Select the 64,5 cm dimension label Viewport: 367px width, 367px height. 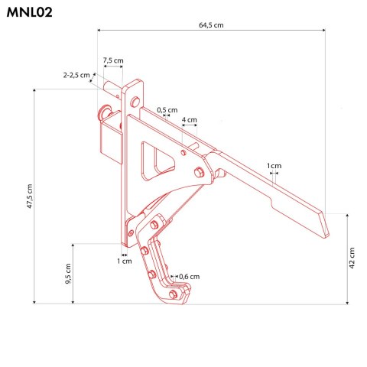[x=211, y=25]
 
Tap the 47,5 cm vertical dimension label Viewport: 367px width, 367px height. [x=29, y=196]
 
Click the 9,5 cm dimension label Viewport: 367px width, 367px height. [x=67, y=273]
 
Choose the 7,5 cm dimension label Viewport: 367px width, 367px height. [x=113, y=60]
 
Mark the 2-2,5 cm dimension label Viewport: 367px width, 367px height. [x=76, y=75]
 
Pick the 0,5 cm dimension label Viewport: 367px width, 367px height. [x=167, y=110]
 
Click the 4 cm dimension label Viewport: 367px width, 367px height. [x=189, y=120]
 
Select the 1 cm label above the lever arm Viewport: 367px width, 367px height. [x=274, y=166]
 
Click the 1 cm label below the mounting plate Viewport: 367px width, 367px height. [x=123, y=261]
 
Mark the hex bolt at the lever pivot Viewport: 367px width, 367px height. [x=198, y=171]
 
